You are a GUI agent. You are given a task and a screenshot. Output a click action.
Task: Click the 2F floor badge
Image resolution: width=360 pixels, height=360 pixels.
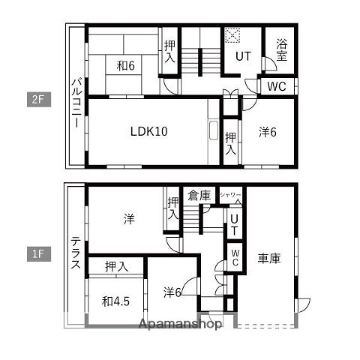point(39,100)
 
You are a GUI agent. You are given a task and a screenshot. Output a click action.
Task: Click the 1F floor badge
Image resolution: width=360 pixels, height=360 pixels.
point(39,254)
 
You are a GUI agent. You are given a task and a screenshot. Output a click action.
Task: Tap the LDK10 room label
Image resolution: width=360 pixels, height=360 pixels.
point(149,131)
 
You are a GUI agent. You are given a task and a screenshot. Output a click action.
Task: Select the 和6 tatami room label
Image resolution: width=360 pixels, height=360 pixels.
point(126,66)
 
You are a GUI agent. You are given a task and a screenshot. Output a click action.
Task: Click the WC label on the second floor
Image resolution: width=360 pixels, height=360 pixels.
point(277,86)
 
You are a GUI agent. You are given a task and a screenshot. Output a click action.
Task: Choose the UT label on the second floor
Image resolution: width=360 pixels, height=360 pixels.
point(243,56)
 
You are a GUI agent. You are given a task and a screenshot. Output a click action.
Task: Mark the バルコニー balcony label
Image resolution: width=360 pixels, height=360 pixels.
point(77,103)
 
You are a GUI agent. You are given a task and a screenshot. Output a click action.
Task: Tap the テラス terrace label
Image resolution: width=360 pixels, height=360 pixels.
point(76,253)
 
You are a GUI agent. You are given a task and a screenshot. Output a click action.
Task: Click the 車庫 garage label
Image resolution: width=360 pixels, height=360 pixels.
point(269,258)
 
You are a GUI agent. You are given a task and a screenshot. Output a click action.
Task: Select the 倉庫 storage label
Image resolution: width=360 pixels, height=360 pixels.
point(199,195)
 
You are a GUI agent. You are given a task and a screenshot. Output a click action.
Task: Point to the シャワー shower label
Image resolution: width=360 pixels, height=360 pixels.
point(231,195)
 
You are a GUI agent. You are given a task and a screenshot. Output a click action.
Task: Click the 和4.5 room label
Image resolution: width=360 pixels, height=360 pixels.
point(115,301)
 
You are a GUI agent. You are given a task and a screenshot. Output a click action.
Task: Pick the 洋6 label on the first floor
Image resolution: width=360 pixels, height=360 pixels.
point(172,292)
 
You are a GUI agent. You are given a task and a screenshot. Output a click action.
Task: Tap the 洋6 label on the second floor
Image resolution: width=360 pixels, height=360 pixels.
point(268,132)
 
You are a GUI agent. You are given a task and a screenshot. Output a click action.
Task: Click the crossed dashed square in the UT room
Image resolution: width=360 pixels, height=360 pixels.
point(232,35)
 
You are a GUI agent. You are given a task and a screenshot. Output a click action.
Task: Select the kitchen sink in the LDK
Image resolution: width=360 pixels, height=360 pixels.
point(214,130)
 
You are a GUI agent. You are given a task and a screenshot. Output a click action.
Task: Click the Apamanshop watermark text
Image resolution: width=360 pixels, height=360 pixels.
point(180,324)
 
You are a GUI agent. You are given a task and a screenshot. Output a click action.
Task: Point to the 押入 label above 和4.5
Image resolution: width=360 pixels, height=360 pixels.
point(117,266)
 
